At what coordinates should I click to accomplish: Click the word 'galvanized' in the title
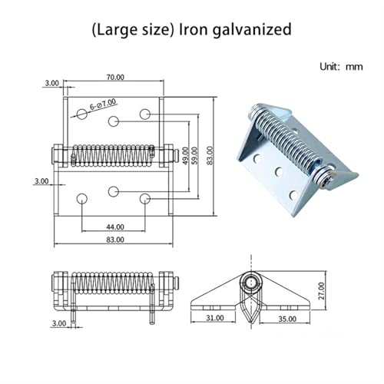tap(252, 30)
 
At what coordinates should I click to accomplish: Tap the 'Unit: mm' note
tap(341, 67)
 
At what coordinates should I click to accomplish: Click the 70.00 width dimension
tap(115, 77)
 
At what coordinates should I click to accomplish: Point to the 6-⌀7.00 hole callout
tap(103, 104)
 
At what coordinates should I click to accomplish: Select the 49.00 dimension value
tap(185, 155)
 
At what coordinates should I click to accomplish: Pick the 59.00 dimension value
tap(194, 155)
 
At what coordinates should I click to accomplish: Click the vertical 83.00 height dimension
tap(210, 155)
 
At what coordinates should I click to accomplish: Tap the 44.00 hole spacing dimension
tap(115, 227)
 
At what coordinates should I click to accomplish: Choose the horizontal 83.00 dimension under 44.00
tap(115, 240)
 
